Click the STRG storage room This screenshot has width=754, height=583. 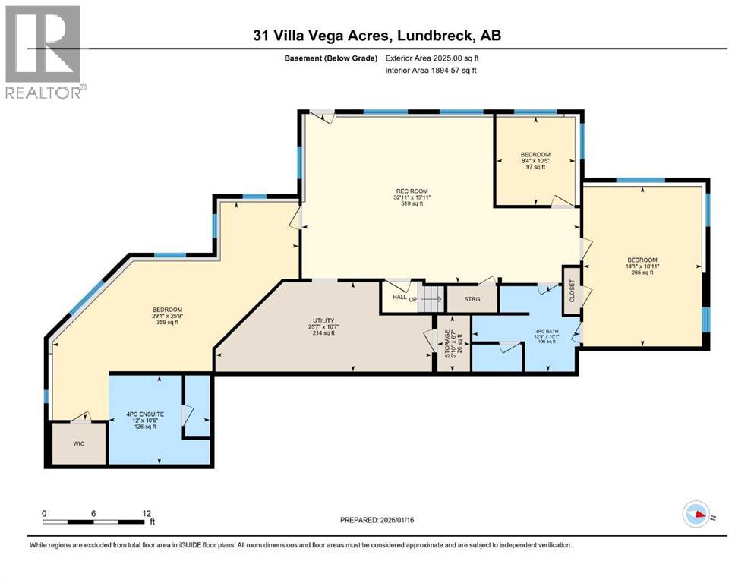pyautogui.click(x=471, y=299)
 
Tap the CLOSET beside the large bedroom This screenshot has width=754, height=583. pyautogui.click(x=571, y=289)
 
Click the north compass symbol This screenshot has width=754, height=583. pyautogui.click(x=697, y=514)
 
